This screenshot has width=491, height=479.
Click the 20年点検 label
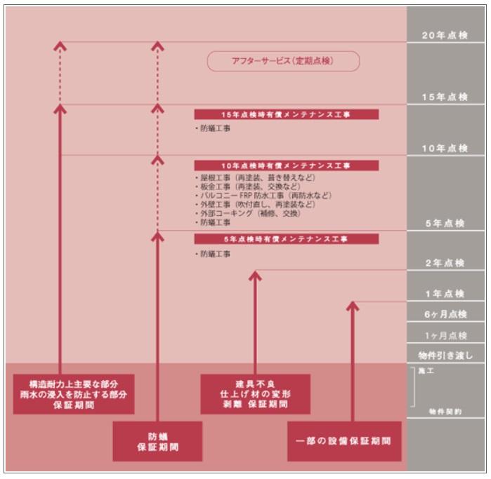coord(444,36)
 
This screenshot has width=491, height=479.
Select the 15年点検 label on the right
coord(444,97)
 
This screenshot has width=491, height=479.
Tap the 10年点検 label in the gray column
coord(444,149)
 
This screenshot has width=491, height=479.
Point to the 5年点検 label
coord(444,223)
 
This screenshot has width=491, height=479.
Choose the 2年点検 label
coord(444,263)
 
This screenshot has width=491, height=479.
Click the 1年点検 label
coord(444,294)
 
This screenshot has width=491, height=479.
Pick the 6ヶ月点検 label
coord(444,314)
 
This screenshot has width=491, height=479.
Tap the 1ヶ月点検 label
coord(444,335)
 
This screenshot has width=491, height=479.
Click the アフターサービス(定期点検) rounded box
coord(283,62)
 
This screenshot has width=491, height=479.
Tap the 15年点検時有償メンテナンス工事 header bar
coord(287,114)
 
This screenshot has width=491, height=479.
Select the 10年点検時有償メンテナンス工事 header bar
coord(287,166)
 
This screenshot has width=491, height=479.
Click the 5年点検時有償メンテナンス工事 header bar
coord(287,239)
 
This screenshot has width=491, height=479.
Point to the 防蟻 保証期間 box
coord(157,441)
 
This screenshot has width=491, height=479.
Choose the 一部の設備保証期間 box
coord(344,441)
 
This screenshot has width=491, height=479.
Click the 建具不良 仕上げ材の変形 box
coord(254,395)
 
